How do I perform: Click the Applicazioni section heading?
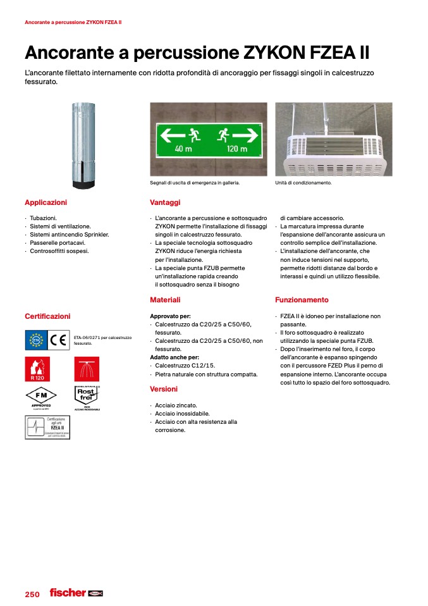pyautogui.click(x=46, y=202)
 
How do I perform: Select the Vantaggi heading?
pyautogui.click(x=165, y=202)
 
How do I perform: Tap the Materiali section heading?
pyautogui.click(x=165, y=300)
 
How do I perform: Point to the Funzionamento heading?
pyautogui.click(x=302, y=300)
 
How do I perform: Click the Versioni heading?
pyautogui.click(x=164, y=389)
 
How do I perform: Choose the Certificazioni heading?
pyautogui.click(x=47, y=316)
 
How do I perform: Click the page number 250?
pyautogui.click(x=32, y=594)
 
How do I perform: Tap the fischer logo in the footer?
pyautogui.click(x=68, y=593)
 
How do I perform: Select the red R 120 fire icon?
pyautogui.click(x=37, y=369)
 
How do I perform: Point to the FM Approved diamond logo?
pyautogui.click(x=41, y=396)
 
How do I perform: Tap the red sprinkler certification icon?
pyautogui.click(x=87, y=369)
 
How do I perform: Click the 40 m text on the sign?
pyautogui.click(x=183, y=149)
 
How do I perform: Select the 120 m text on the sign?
pyautogui.click(x=236, y=149)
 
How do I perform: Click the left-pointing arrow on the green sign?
pyautogui.click(x=172, y=134)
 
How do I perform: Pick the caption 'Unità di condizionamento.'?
pyautogui.click(x=303, y=183)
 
